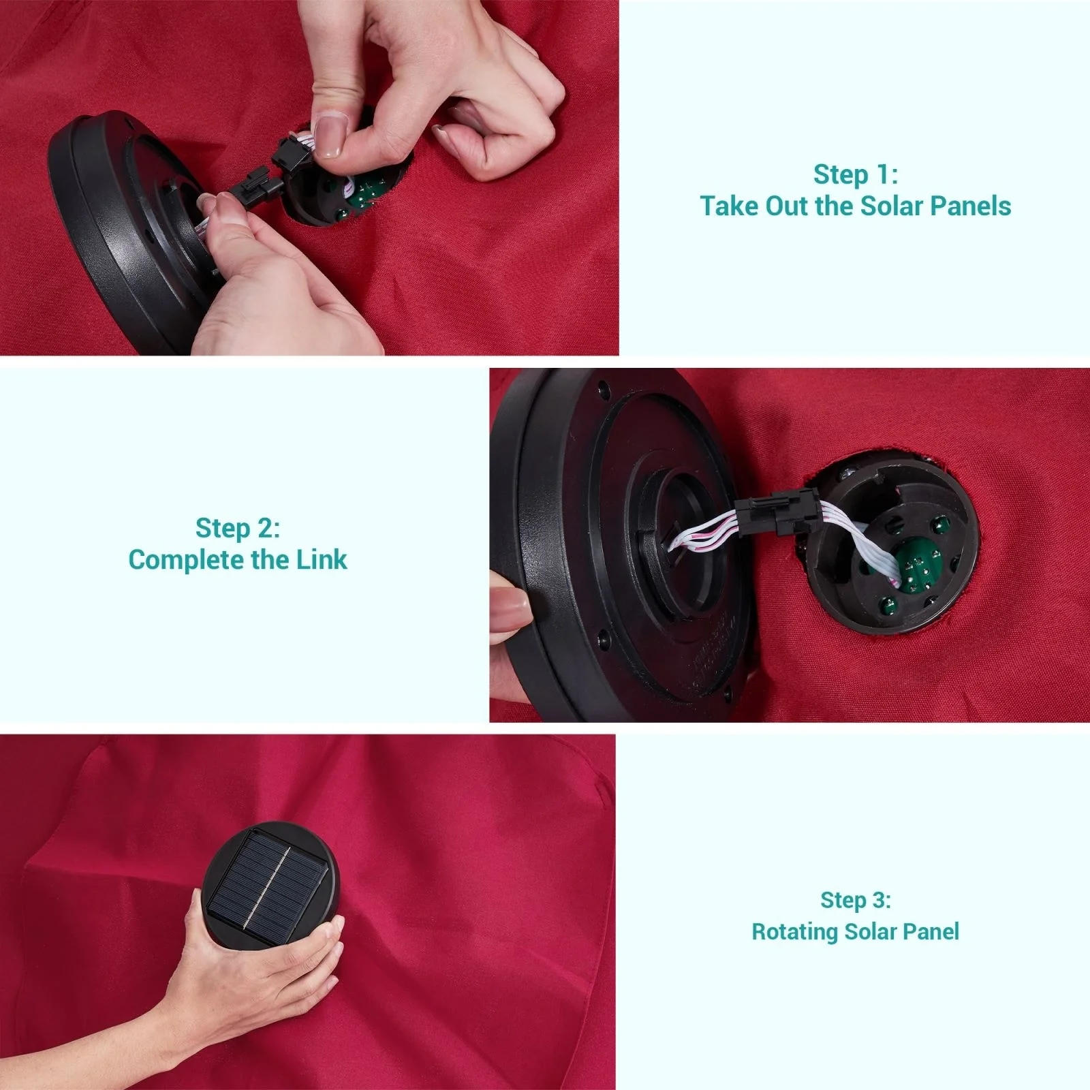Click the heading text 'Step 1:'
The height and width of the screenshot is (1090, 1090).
856,174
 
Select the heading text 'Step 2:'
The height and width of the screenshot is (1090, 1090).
238,528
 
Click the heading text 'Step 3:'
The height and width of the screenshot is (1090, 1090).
856,900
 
